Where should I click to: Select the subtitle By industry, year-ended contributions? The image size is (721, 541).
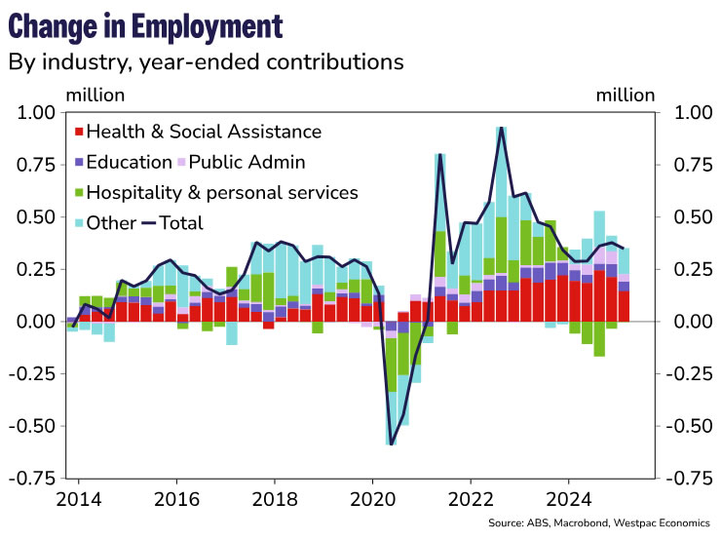click(x=206, y=63)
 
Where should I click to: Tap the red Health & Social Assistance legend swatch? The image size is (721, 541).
click(x=79, y=132)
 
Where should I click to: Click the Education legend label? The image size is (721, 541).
click(x=129, y=162)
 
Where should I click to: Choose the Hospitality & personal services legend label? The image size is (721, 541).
click(x=222, y=192)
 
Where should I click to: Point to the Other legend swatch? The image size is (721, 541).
click(x=79, y=223)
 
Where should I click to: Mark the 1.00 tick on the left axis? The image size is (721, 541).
click(x=38, y=113)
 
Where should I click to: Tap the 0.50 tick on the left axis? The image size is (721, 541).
click(x=38, y=217)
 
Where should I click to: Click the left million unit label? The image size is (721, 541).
click(x=95, y=95)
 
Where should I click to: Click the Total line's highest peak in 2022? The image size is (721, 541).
click(x=501, y=128)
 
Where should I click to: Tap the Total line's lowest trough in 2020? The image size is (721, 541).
click(x=391, y=444)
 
